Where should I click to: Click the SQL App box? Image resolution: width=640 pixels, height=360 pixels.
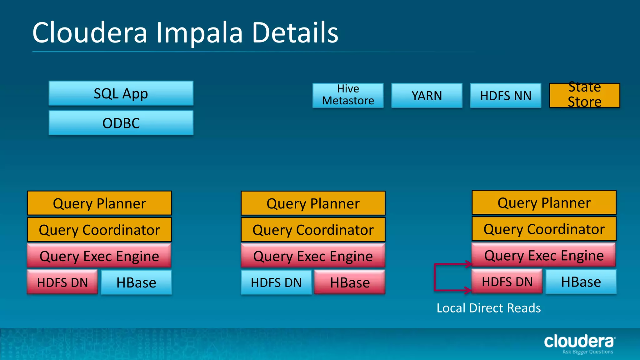tap(121, 93)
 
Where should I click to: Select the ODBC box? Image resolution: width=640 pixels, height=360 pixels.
tap(121, 123)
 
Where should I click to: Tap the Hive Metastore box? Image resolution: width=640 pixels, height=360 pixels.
tap(348, 95)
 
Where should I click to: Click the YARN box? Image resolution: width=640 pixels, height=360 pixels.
tap(427, 95)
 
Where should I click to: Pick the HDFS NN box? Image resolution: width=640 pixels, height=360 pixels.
tap(506, 95)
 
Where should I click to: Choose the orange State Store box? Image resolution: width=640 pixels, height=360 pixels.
tap(584, 95)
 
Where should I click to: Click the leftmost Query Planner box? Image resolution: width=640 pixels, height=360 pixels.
tap(99, 203)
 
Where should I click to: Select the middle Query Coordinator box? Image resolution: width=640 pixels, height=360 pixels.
tap(313, 230)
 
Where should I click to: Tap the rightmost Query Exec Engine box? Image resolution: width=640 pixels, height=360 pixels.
tap(544, 255)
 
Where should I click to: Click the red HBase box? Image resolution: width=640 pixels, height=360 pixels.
tap(350, 282)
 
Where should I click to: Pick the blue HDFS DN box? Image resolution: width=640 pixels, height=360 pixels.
tap(276, 282)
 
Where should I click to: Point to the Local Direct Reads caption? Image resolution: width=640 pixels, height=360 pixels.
tap(488, 308)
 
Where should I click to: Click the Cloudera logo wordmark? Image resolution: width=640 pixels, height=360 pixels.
tap(579, 341)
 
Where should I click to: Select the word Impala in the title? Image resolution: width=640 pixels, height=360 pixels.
tap(199, 33)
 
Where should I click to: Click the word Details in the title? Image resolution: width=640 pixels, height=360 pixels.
tap(295, 33)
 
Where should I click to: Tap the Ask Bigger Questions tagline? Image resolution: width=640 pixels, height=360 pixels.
tap(587, 352)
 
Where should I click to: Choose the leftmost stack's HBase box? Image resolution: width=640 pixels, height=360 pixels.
tap(136, 282)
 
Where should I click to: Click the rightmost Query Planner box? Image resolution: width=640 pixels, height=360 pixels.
tap(544, 202)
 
